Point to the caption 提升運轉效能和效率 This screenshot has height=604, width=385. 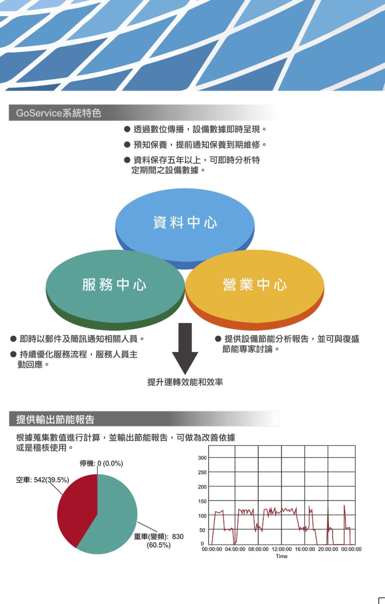point(185,382)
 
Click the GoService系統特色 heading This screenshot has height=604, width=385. point(59,113)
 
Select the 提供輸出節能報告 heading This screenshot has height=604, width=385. point(55,420)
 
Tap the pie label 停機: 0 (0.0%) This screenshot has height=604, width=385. point(102,463)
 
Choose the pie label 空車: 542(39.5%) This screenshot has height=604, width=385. point(42,480)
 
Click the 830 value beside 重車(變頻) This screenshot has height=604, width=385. point(178,537)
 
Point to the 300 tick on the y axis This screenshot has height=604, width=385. point(202,458)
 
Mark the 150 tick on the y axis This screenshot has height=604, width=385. point(202,501)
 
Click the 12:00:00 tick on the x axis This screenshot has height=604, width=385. point(282,549)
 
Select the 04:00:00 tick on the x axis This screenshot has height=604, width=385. point(235,549)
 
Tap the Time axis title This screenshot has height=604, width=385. point(282,556)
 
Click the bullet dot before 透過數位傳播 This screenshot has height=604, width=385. point(127,129)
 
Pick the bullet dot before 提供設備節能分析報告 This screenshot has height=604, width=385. point(218,339)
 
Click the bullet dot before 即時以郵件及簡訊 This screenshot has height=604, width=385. point(13,339)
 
